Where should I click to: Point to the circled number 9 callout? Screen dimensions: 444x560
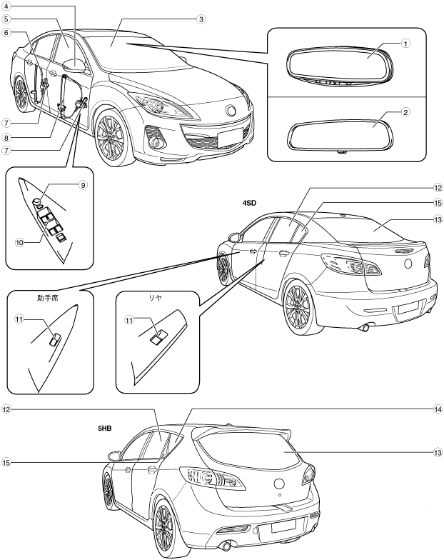pyautogui.click(x=83, y=185)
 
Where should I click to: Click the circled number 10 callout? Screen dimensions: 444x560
pyautogui.click(x=20, y=242)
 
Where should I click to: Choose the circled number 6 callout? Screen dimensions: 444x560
pyautogui.click(x=6, y=33)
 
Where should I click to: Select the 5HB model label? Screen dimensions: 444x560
pyautogui.click(x=108, y=431)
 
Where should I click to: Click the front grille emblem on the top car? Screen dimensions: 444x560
pyautogui.click(x=231, y=110)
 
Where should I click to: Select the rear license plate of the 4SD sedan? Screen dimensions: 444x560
pyautogui.click(x=408, y=308)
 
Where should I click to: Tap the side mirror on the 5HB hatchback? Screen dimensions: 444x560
pyautogui.click(x=112, y=454)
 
